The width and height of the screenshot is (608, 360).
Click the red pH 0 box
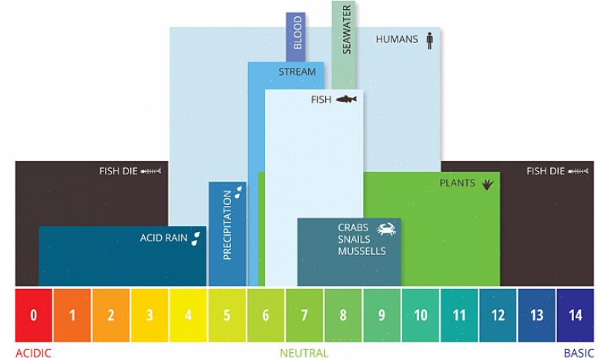(x=34, y=315)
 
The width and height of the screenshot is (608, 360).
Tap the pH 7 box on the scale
(x=304, y=315)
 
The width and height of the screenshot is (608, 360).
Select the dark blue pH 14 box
(x=575, y=315)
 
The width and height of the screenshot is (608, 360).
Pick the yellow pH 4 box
(x=188, y=315)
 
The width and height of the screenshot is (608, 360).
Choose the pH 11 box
(x=459, y=315)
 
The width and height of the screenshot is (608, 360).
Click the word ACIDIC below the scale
(x=33, y=353)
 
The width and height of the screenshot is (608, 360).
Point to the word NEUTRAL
(x=304, y=353)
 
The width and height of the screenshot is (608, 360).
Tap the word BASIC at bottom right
(x=579, y=353)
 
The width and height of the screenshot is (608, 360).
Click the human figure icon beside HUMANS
(x=430, y=39)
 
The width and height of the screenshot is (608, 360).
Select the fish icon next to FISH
(x=346, y=99)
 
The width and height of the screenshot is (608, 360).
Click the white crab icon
(x=385, y=228)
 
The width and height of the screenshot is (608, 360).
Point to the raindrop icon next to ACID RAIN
(x=197, y=237)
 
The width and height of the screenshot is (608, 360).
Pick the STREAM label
(x=297, y=72)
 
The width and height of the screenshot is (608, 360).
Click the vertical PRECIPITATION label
(x=227, y=225)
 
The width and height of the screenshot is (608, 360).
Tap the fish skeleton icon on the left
(x=151, y=171)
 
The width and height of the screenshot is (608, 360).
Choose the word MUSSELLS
(x=361, y=251)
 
